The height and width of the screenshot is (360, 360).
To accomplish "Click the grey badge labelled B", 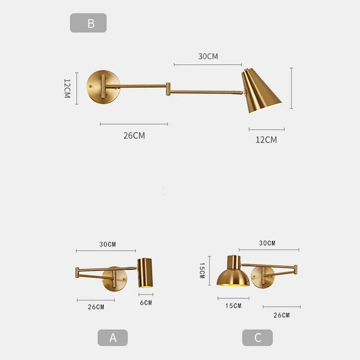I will click(88, 23).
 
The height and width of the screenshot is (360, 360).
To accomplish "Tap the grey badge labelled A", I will click(112, 337).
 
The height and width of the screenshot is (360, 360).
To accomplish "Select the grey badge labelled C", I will click(257, 337).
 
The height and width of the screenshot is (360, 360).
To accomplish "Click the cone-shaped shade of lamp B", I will click(261, 92).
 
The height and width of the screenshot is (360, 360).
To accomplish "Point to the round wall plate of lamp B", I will click(104, 86).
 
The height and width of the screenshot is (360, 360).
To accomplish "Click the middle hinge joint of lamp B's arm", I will click(168, 88).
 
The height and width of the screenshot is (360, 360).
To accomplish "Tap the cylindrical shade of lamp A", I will click(145, 273).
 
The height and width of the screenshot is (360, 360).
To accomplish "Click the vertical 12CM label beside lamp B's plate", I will click(67, 89).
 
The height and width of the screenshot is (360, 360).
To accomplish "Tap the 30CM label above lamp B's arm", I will click(208, 57).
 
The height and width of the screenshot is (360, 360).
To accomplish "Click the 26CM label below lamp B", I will click(134, 135).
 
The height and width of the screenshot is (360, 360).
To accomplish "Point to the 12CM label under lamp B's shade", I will click(266, 139).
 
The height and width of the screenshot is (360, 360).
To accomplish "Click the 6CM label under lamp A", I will click(146, 303).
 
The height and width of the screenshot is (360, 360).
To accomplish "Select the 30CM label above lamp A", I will click(108, 244).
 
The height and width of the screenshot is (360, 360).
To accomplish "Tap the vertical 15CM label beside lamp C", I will click(202, 271).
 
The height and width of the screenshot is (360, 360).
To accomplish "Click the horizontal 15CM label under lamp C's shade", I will click(233, 306).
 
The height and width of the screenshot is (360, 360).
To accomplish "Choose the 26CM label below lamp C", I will click(281, 315).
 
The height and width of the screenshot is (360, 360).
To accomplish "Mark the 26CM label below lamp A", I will click(96, 307).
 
